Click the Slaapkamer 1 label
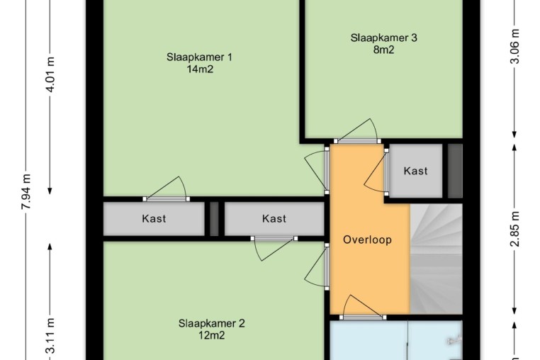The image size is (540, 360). click(199, 57)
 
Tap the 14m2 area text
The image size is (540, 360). click(200, 69)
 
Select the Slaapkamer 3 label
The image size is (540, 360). click(383, 38)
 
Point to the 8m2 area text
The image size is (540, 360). click(383, 50)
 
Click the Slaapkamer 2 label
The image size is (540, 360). click(211, 323)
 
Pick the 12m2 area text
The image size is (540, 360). click(211, 335)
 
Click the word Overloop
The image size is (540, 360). click(368, 240)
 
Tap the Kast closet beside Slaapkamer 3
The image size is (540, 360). click(416, 171)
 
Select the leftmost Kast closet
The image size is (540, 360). click(154, 218)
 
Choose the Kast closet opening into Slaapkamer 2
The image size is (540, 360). click(274, 218)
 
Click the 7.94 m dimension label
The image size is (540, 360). click(26, 191)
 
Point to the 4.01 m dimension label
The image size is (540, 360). click(50, 74)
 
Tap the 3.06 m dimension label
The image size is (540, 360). click(514, 46)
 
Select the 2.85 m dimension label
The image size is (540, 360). click(514, 229)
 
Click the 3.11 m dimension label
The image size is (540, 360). click(50, 336)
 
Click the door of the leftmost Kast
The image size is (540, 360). click(167, 189)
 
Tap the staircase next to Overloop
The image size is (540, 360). click(437, 259)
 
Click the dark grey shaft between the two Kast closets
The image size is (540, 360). click(214, 219)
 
